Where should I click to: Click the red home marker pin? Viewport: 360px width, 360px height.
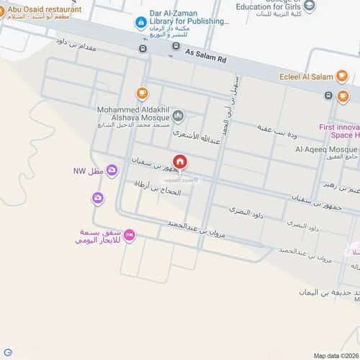[x=179, y=162]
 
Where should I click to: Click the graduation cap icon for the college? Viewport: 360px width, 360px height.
[x=309, y=6]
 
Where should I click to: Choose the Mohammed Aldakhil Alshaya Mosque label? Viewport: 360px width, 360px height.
[x=132, y=115]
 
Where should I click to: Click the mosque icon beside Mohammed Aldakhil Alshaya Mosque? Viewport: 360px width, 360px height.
[x=178, y=115]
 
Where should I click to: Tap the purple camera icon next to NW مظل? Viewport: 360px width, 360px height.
[x=112, y=170]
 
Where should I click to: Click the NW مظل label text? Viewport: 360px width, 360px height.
[x=89, y=171]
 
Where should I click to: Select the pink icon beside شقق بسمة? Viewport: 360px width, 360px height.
[x=129, y=235]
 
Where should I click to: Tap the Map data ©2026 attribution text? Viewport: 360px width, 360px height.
[x=334, y=355]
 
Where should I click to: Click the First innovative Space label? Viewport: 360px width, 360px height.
[x=338, y=131]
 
